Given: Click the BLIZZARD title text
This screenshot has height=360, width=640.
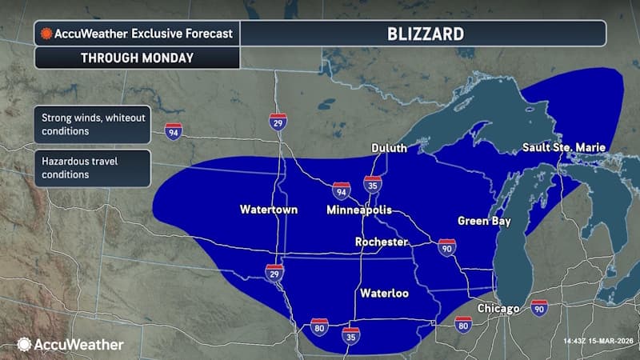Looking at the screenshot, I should [x=422, y=34].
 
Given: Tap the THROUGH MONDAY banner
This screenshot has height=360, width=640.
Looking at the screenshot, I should [x=136, y=58].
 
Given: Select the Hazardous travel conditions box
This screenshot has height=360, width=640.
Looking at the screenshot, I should [x=91, y=168].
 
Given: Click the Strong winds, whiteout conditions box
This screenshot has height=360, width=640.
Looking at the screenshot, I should [x=91, y=125].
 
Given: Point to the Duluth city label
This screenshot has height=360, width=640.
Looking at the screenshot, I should [x=390, y=149].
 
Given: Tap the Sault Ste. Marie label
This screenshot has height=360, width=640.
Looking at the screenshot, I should [x=564, y=148].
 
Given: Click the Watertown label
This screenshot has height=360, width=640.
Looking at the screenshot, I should [x=269, y=210].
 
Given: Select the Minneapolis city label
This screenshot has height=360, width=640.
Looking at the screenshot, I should [x=358, y=210].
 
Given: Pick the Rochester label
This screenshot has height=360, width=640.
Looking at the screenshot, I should [x=382, y=242].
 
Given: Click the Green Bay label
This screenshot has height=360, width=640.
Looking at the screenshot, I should [x=484, y=221].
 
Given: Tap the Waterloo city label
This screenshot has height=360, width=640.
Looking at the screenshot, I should [x=384, y=294].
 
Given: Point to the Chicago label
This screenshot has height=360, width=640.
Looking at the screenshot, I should [x=499, y=309].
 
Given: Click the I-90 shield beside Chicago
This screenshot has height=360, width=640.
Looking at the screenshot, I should [x=538, y=308].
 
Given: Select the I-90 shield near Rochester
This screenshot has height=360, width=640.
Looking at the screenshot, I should [x=446, y=248].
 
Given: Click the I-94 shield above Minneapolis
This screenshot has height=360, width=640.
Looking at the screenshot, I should [x=342, y=190].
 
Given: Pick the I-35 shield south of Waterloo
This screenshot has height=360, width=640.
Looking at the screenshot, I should [x=350, y=334].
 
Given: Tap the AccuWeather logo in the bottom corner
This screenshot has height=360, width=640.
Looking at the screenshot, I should [x=70, y=344].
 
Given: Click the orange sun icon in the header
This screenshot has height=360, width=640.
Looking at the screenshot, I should [x=46, y=34].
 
